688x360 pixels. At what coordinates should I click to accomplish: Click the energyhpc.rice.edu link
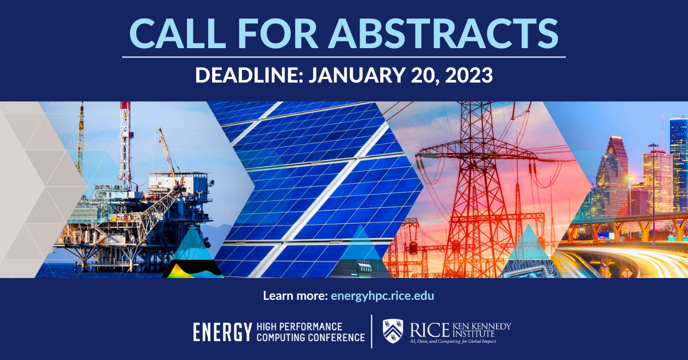tap(382, 296)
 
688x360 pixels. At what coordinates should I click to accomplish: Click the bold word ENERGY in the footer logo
tap(222, 332)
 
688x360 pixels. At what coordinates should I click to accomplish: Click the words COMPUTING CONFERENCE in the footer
tap(310, 337)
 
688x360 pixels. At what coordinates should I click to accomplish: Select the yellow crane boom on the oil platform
tap(169, 155)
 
